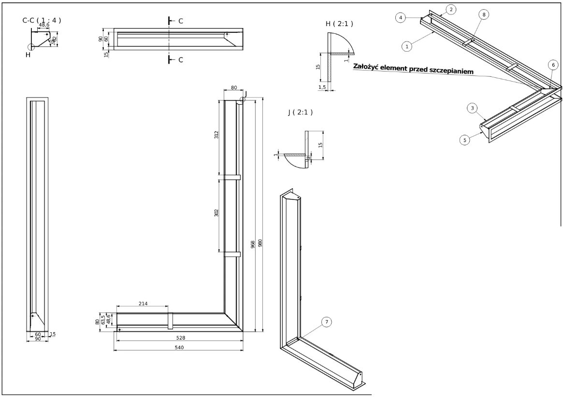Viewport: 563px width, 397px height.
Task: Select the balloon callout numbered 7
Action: [327, 322]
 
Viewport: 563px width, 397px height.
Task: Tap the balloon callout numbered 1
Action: [407, 46]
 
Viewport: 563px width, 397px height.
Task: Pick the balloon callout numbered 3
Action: [473, 108]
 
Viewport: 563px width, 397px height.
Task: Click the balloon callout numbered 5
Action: [465, 140]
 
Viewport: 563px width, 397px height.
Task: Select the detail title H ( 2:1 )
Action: [339, 23]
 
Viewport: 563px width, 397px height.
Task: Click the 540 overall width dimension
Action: [178, 347]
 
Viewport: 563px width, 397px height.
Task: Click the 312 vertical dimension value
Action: [217, 136]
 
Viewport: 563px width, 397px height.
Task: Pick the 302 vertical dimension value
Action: [217, 213]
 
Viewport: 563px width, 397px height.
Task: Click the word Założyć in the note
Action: [369, 66]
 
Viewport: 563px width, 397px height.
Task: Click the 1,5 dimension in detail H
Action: [323, 87]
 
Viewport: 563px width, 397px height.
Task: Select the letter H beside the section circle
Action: [28, 55]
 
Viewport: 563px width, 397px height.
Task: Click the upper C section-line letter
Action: [181, 21]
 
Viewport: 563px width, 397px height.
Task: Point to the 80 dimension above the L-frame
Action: [234, 88]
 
